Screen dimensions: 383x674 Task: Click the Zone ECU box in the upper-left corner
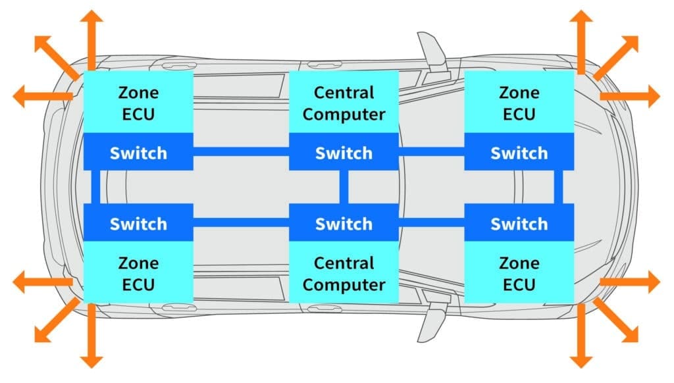(138, 103)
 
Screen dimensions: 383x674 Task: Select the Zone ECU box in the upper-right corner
(519, 103)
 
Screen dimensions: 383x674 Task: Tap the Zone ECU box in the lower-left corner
(138, 273)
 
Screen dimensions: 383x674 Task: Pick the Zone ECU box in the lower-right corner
(519, 273)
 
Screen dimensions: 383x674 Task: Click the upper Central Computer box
(344, 103)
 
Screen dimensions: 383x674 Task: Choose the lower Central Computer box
(344, 273)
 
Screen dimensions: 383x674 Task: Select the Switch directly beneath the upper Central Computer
(344, 153)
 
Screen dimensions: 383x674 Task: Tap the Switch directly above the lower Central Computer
(344, 223)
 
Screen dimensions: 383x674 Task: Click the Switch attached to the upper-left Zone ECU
(138, 153)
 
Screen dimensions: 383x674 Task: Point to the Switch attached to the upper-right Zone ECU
(519, 153)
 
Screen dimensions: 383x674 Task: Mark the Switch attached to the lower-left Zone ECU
(138, 223)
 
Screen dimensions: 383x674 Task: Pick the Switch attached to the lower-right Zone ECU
(519, 223)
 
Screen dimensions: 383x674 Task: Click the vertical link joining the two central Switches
(344, 188)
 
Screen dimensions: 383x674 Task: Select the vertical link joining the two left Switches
(95, 188)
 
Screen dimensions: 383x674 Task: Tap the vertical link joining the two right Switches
(559, 188)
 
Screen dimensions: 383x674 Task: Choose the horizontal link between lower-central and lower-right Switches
(431, 222)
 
